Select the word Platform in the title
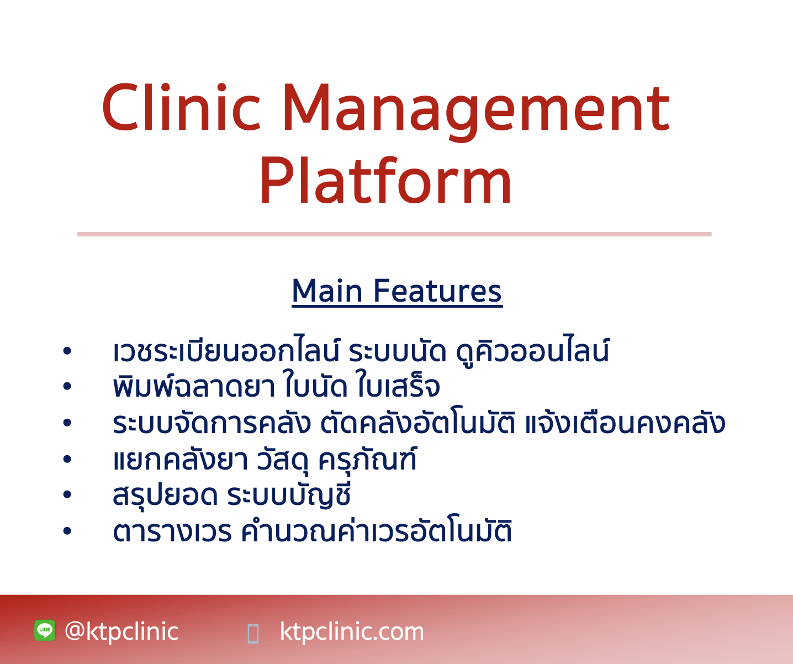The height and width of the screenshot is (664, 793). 385,181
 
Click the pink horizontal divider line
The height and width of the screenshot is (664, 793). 394,234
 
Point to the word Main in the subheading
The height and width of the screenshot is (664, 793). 327,291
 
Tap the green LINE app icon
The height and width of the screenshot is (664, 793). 45,630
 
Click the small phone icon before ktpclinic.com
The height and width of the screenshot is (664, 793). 253,633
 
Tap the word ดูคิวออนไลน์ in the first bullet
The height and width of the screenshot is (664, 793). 532,352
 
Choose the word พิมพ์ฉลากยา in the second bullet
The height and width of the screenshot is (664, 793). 193,387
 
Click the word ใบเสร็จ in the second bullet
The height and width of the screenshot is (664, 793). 398,387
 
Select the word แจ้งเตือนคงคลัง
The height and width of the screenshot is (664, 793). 624,424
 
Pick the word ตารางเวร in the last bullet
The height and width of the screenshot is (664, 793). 172,532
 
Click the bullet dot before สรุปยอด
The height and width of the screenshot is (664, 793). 67,496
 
